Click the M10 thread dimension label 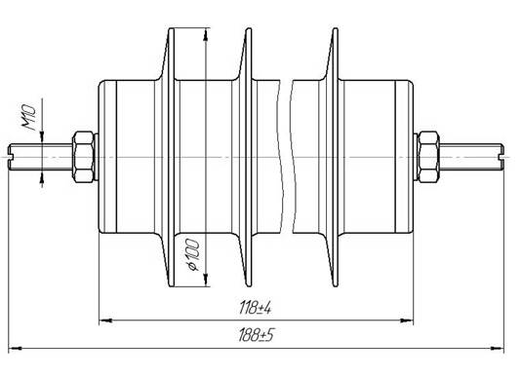click(x=28, y=117)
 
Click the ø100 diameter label click(x=192, y=254)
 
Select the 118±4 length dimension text click(x=256, y=308)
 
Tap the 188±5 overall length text click(x=256, y=335)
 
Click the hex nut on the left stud click(x=83, y=157)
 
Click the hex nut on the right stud click(x=428, y=157)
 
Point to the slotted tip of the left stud click(x=11, y=157)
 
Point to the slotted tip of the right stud click(x=502, y=157)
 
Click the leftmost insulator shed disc click(x=171, y=157)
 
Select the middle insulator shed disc click(x=249, y=157)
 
